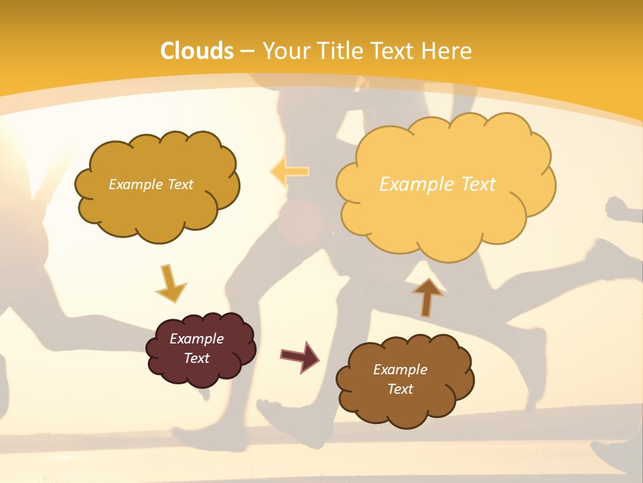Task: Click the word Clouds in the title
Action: pyautogui.click(x=197, y=51)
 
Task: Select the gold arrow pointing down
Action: pyautogui.click(x=170, y=282)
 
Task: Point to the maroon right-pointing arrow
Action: pyautogui.click(x=300, y=356)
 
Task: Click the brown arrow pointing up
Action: pyautogui.click(x=427, y=297)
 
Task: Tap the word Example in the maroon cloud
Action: pyautogui.click(x=196, y=339)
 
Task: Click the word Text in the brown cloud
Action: pyautogui.click(x=400, y=389)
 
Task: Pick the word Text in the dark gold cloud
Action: pyautogui.click(x=179, y=184)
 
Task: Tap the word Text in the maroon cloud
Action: pyautogui.click(x=196, y=358)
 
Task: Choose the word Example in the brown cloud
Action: pyautogui.click(x=400, y=370)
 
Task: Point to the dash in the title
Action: pyautogui.click(x=247, y=51)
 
